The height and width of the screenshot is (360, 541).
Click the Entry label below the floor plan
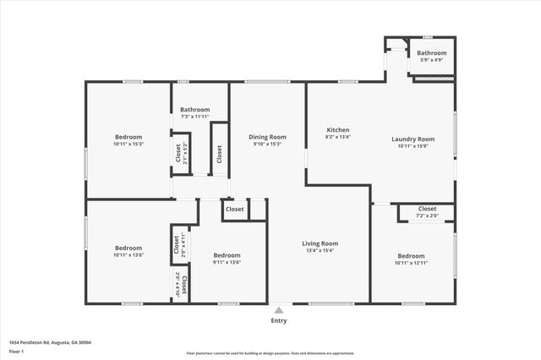[x=279, y=320]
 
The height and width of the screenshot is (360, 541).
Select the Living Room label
[x=320, y=243]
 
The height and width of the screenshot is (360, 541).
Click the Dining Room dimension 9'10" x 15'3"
[x=267, y=144]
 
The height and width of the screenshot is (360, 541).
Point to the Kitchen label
[x=338, y=129]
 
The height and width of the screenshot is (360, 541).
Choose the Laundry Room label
[x=413, y=139]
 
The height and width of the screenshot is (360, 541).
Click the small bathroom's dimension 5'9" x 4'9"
[x=433, y=60]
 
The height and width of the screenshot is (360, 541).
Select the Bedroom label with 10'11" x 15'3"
[x=128, y=137]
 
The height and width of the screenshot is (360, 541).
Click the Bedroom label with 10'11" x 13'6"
[x=128, y=248]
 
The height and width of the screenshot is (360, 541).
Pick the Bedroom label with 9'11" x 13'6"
[x=227, y=255]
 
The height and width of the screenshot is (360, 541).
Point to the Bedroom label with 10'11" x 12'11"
[x=411, y=255]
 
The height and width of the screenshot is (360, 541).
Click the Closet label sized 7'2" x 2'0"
[x=427, y=209]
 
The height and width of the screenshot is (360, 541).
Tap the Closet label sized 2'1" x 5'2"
[x=178, y=153]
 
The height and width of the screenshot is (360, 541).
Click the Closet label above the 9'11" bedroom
[x=234, y=209]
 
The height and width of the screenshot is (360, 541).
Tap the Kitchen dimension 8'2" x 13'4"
[x=338, y=137]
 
